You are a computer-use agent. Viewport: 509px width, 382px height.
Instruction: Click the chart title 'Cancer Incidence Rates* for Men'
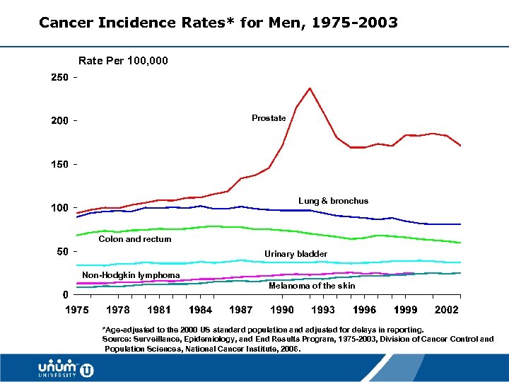click(218, 23)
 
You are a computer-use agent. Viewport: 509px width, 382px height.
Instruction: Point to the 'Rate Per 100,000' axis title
click(123, 61)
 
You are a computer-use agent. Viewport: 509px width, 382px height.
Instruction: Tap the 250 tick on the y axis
click(59, 77)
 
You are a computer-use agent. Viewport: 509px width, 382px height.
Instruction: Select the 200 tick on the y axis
click(59, 121)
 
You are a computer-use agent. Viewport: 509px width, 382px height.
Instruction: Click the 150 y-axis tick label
click(59, 164)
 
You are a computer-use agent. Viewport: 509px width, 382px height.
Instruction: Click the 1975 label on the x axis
click(77, 310)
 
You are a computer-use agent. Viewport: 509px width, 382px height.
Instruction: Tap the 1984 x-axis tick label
click(201, 310)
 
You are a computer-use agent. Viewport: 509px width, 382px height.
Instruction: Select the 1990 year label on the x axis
click(283, 310)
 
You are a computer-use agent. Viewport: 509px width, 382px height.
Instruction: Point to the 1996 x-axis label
click(365, 310)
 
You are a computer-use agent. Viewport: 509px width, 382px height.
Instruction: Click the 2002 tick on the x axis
click(447, 310)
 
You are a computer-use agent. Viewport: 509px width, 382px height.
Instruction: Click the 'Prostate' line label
click(269, 118)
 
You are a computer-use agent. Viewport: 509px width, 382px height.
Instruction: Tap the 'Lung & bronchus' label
click(333, 201)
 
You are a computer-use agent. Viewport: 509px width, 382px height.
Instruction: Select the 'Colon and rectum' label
click(135, 239)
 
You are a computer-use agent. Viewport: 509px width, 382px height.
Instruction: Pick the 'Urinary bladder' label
click(296, 253)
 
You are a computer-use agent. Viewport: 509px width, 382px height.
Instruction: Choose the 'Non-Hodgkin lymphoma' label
click(131, 274)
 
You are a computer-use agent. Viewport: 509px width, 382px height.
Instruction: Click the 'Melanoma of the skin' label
click(312, 286)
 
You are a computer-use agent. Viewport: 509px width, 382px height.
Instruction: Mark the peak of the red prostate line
click(310, 88)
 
